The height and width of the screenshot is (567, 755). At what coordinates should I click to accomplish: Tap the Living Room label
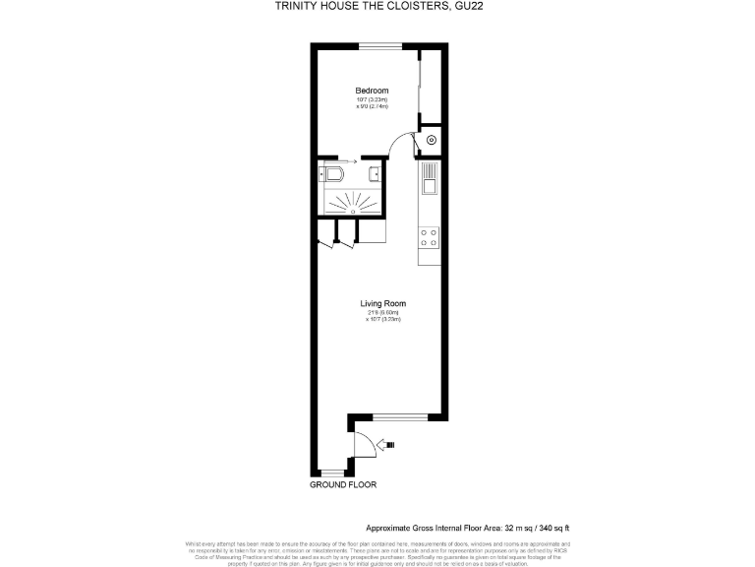[x=382, y=303]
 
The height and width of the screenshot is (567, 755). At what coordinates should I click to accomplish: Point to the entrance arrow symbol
[x=389, y=445]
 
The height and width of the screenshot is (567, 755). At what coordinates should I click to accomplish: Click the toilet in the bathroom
[x=330, y=175]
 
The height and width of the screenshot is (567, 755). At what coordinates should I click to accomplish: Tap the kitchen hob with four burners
[x=429, y=236]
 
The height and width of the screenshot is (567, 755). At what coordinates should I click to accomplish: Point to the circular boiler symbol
[x=431, y=140]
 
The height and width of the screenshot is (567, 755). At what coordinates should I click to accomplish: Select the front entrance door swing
[x=364, y=443]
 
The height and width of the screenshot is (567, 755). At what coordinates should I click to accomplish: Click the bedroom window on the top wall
[x=379, y=44]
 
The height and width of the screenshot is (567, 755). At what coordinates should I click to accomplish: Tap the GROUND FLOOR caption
[x=343, y=485]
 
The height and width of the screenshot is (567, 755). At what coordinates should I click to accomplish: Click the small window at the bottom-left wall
[x=332, y=473]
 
